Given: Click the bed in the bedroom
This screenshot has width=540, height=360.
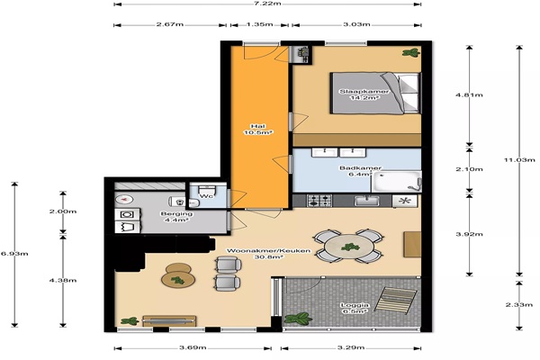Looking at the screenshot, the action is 375,93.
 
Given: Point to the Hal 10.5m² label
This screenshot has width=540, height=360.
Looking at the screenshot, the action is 258,130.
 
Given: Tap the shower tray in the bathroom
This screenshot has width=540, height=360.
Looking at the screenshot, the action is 396,181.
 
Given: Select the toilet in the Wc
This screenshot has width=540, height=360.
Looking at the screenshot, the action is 207,190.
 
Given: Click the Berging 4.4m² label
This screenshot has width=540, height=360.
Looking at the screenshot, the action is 176,217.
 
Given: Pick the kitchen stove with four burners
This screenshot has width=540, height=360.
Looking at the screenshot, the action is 319,201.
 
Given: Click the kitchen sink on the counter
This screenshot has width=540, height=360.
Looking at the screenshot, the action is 367,201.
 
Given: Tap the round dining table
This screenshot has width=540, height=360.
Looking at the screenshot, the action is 348,247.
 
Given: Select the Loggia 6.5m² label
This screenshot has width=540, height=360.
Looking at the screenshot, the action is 355,308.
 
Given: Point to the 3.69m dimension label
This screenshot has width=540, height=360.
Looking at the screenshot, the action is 193,347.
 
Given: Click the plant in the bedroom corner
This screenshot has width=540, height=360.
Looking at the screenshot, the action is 411,53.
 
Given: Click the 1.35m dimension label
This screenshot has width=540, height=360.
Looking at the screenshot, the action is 260,24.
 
